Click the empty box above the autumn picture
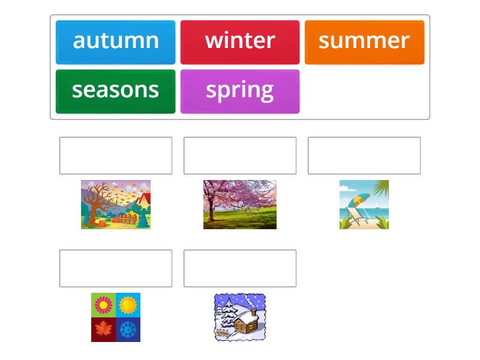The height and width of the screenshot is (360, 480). point(116,155)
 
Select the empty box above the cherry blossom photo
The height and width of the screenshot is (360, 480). point(240,155)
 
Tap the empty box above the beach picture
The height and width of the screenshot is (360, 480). point(364,155)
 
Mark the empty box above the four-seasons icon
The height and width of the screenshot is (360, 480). point(116,268)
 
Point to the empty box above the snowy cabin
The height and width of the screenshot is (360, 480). point(240,268)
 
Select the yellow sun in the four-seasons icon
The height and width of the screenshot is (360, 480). point(128,305)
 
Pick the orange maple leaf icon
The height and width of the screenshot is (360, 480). point(103,329)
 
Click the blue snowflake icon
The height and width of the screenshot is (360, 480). point(128,329)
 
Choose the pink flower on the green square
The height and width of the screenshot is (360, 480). point(103,305)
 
